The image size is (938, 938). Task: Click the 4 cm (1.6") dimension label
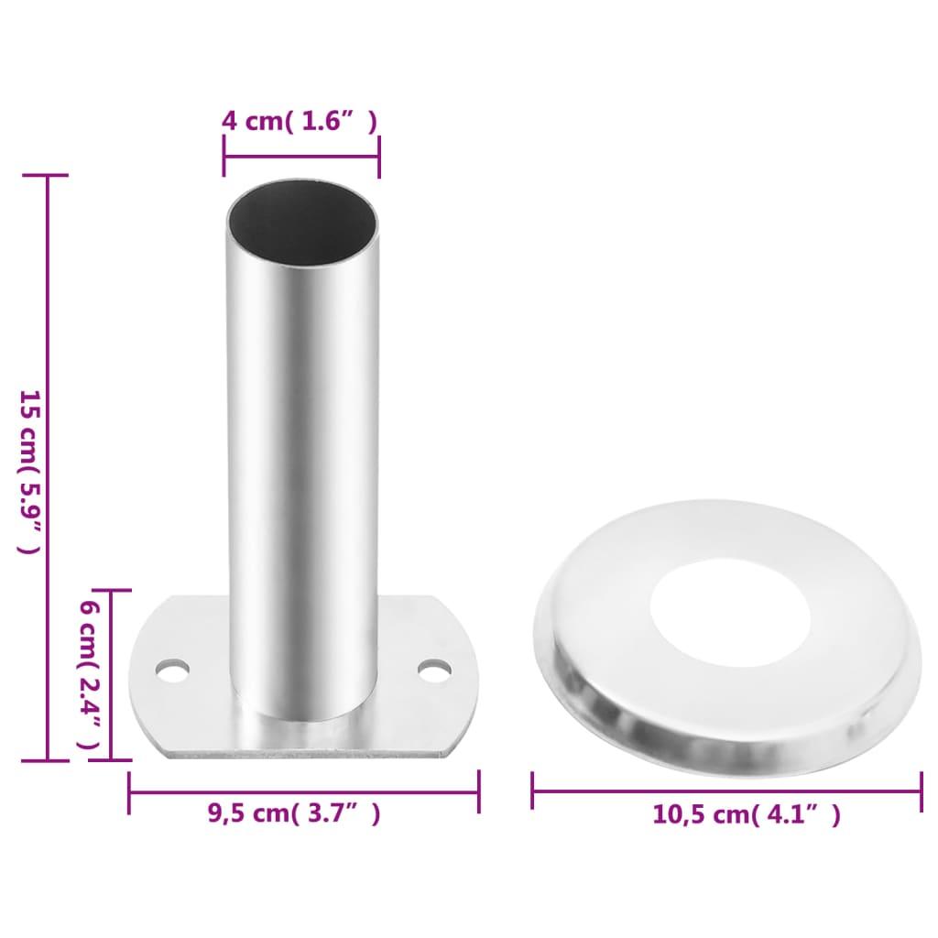300,121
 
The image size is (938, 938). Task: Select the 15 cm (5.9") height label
29,472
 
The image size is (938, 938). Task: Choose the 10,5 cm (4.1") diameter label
746,814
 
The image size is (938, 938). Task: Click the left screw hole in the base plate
171,671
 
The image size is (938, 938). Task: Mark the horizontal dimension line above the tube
301,156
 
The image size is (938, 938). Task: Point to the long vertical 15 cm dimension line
47,467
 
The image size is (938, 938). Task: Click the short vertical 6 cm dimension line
112,675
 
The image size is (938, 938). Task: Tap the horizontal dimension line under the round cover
726,791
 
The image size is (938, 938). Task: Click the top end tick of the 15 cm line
47,175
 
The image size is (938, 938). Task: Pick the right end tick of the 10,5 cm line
921,791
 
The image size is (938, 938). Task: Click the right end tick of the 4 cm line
379,156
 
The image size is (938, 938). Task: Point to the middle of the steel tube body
303,458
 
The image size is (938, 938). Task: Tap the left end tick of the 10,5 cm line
533,791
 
